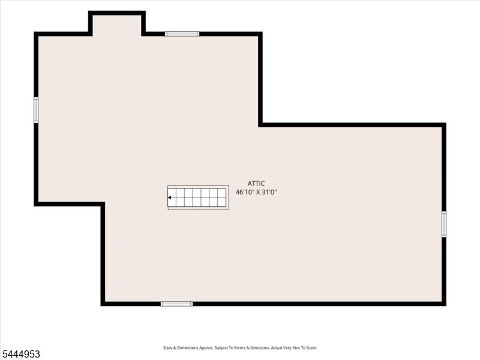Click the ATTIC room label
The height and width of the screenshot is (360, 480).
pyautogui.click(x=256, y=184)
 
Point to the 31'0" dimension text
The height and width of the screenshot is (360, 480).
pyautogui.click(x=269, y=192)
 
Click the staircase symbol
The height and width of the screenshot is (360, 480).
pyautogui.click(x=198, y=197)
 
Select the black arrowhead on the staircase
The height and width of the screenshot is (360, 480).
pyautogui.click(x=169, y=198)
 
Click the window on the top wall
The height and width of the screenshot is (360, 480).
pyautogui.click(x=182, y=34)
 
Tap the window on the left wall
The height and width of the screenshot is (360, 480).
pyautogui.click(x=36, y=110)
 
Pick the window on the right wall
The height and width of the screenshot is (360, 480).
pyautogui.click(x=444, y=224)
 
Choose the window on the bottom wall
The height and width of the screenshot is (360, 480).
pyautogui.click(x=176, y=304)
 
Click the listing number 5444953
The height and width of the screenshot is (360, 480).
pyautogui.click(x=20, y=354)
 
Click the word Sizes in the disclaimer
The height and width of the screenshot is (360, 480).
pyautogui.click(x=167, y=348)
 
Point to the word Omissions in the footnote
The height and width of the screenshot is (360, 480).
pyautogui.click(x=260, y=348)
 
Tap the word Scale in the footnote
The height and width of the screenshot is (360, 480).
pyautogui.click(x=311, y=348)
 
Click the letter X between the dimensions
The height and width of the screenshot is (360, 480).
pyautogui.click(x=259, y=192)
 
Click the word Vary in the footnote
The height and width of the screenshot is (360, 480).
pyautogui.click(x=288, y=348)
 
